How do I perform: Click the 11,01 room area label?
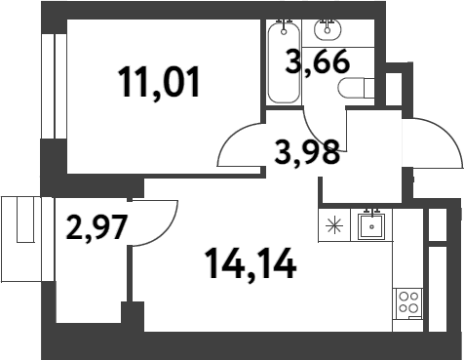[x=161, y=82]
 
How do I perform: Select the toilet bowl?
[x=352, y=89]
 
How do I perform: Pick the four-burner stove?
[x=406, y=303]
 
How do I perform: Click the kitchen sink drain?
[x=371, y=227]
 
